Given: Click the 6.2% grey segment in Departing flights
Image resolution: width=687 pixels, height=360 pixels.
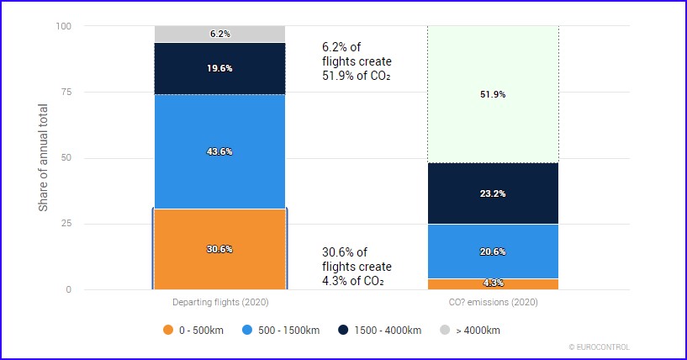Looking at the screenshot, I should pyautogui.click(x=219, y=34).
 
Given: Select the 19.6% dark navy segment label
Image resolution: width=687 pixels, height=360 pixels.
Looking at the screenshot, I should pyautogui.click(x=219, y=68).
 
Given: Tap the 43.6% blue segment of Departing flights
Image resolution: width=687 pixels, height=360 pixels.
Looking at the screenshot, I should pyautogui.click(x=219, y=151).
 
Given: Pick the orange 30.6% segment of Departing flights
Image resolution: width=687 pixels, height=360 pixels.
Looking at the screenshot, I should pyautogui.click(x=219, y=249).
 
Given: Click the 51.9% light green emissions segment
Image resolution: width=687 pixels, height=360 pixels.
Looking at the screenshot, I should pyautogui.click(x=493, y=94).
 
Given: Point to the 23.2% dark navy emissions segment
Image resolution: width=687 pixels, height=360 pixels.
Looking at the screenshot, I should pyautogui.click(x=493, y=193).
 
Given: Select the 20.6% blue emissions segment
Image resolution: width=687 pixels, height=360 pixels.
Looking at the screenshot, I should pyautogui.click(x=493, y=251).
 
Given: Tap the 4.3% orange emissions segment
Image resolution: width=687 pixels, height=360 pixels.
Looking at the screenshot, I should pyautogui.click(x=493, y=283).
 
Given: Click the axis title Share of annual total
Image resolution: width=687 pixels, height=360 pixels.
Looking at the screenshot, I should pyautogui.click(x=44, y=158).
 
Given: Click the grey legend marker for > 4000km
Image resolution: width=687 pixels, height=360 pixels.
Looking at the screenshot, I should pyautogui.click(x=447, y=330).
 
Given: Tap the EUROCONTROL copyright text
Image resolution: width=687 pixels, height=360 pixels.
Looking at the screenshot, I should pyautogui.click(x=599, y=347).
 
